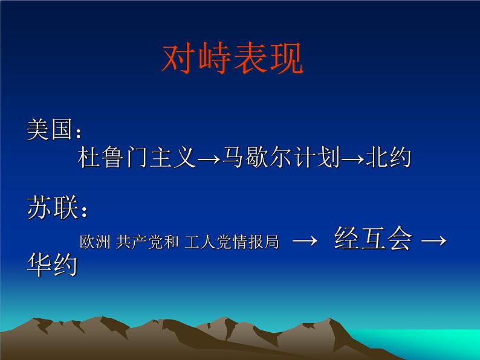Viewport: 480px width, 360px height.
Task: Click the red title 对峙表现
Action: tap(233, 58)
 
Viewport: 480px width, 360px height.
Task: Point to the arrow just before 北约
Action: tap(352, 159)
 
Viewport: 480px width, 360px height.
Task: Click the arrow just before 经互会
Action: tap(305, 241)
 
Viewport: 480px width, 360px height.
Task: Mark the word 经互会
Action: tap(372, 240)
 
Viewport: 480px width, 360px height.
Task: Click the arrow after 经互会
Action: tap(433, 241)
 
